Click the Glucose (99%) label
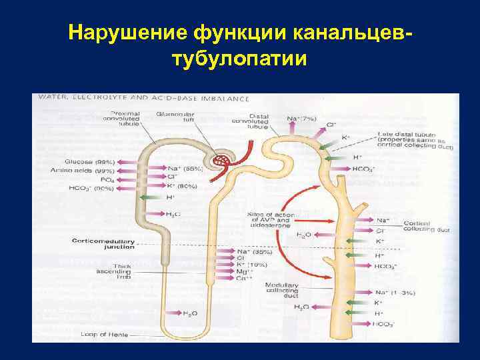coord(90,162)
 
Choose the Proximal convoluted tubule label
coord(125,118)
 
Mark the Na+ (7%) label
coord(302,119)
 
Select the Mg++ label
coord(243,271)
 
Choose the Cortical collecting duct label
coord(417,227)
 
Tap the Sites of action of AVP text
coord(269,218)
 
